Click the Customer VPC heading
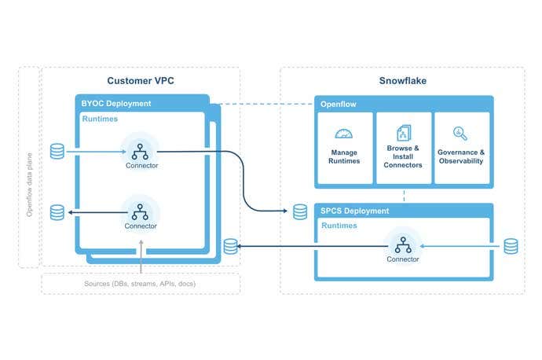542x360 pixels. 140,82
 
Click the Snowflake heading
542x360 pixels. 402,82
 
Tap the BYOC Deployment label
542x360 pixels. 116,104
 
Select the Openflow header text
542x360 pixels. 339,104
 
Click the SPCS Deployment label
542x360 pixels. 354,211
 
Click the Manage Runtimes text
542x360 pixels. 344,156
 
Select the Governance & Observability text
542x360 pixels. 460,156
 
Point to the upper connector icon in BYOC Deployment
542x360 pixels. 141,149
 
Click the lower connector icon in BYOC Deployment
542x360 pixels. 141,210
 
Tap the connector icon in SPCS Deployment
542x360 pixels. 402,243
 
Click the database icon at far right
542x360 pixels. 511,246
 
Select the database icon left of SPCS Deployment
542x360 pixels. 300,211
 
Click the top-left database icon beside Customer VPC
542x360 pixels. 57,150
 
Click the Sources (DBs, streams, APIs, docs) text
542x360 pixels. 140,283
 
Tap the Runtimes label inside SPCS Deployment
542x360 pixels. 339,226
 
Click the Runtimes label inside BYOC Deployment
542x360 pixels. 100,119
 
